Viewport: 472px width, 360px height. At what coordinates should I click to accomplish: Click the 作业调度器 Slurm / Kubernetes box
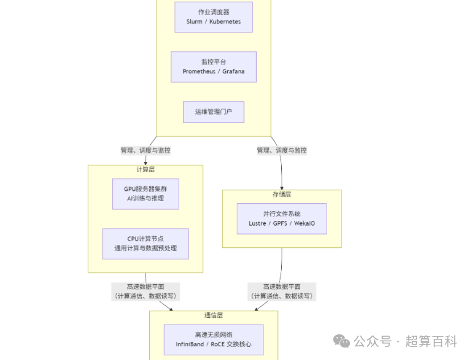[x=214, y=17]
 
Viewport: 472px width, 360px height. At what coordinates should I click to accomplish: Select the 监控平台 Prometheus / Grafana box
[x=214, y=67]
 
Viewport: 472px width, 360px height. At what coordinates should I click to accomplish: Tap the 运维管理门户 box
[x=214, y=112]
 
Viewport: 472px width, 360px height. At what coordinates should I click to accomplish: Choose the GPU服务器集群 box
[x=145, y=194]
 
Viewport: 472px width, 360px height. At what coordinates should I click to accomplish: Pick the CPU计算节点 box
[x=145, y=243]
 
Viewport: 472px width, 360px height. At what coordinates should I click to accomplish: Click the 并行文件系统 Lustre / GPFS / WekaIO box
[x=282, y=219]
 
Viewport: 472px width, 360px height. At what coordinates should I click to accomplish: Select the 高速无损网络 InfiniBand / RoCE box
[x=214, y=339]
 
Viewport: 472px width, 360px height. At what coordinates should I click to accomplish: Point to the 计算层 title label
[x=145, y=170]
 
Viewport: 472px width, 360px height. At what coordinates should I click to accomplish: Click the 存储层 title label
[x=282, y=194]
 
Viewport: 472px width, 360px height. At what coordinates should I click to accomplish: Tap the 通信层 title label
[x=214, y=315]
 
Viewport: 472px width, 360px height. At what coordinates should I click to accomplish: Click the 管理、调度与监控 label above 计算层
[x=145, y=150]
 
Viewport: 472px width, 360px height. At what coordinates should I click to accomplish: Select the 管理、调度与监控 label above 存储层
[x=281, y=150]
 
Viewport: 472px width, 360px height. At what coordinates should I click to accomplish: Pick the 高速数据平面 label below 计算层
[x=145, y=291]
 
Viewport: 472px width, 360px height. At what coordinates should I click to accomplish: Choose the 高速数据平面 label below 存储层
[x=281, y=291]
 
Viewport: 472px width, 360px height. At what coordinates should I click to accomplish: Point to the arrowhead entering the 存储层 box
[x=282, y=187]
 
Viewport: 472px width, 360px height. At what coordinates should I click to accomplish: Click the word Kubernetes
[x=225, y=22]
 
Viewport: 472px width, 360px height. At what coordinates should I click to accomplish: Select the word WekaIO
[x=305, y=223]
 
